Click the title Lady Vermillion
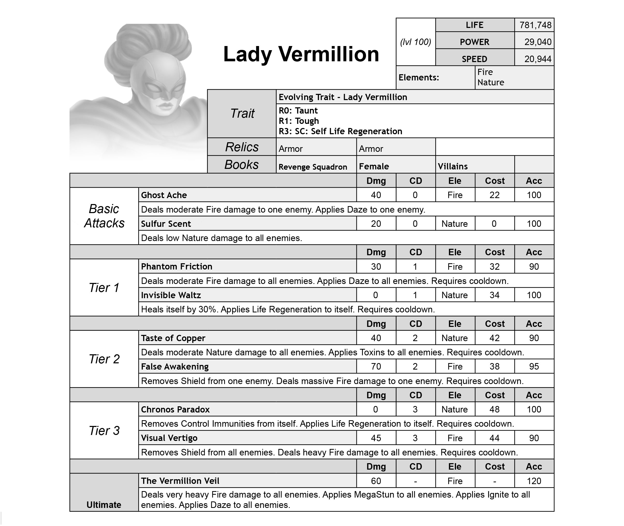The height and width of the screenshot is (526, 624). pos(301,54)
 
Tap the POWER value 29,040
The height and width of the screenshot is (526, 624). pos(538,42)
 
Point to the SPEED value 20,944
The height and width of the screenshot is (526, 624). pos(538,59)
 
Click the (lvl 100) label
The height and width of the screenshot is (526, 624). pos(415,42)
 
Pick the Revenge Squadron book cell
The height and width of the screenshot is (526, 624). pos(313,167)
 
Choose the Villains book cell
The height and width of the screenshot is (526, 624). pos(453,166)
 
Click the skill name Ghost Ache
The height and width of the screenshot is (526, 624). pos(164,195)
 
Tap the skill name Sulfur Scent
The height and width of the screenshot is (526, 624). pos(166,224)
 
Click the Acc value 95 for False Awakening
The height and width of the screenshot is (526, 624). pos(534,366)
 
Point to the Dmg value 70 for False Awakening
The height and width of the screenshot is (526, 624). pos(376,366)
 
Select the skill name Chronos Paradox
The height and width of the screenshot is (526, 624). pos(175,409)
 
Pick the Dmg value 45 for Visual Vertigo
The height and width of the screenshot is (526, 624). pos(376,438)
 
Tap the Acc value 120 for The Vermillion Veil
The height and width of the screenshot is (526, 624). pos(534,481)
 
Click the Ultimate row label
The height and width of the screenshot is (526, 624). pos(104,505)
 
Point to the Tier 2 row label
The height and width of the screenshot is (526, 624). pos(104,359)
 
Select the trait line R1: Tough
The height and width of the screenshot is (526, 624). pos(299,121)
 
